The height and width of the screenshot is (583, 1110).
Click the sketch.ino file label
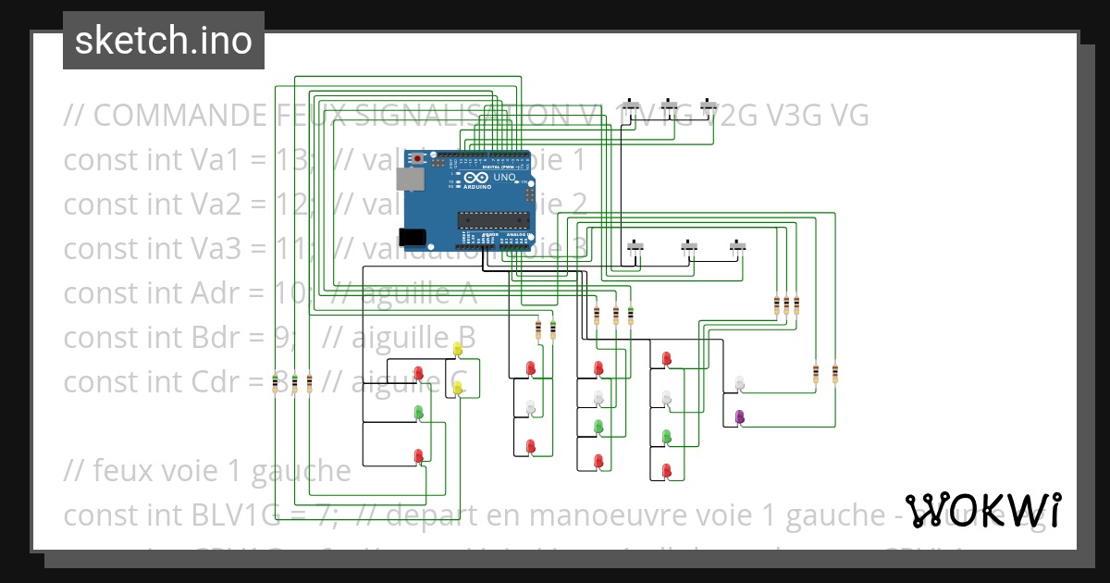(163, 41)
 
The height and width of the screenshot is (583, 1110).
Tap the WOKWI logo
(983, 511)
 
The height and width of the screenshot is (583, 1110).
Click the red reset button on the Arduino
(418, 159)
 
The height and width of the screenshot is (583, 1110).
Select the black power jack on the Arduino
(413, 237)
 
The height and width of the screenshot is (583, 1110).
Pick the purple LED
(739, 417)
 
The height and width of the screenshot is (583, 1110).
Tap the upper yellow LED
(458, 349)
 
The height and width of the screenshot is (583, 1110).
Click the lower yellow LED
(458, 390)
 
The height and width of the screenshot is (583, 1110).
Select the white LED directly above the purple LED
(739, 382)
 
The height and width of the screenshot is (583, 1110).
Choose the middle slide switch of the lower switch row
(689, 247)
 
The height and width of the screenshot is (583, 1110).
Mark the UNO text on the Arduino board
(504, 177)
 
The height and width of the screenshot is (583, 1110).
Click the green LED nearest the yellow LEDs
(418, 411)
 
